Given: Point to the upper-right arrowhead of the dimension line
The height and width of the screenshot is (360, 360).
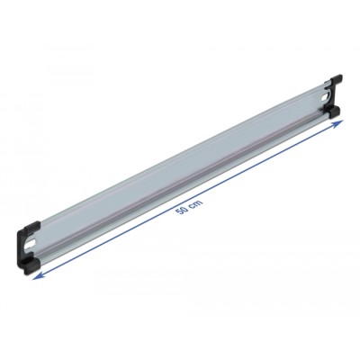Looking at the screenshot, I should [339, 123].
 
